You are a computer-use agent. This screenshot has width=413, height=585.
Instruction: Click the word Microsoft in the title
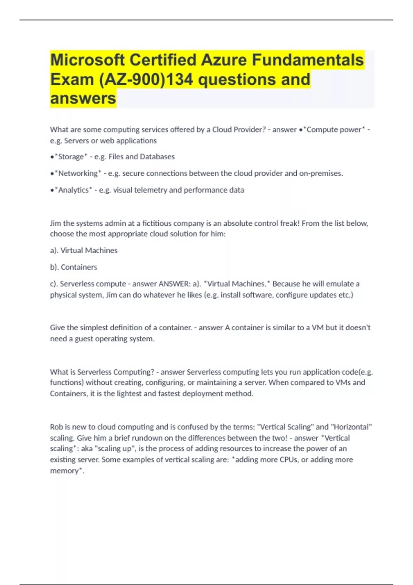click(87, 60)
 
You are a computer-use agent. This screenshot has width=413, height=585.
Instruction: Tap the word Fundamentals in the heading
click(308, 60)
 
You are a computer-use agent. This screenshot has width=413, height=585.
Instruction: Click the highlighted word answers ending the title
click(83, 98)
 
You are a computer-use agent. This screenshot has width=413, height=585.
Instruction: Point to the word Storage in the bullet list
click(71, 157)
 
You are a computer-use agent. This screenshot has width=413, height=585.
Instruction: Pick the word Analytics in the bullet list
click(73, 190)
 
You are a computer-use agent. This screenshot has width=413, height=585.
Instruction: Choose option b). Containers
click(74, 267)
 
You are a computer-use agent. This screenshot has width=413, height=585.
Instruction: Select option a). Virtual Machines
click(84, 251)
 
